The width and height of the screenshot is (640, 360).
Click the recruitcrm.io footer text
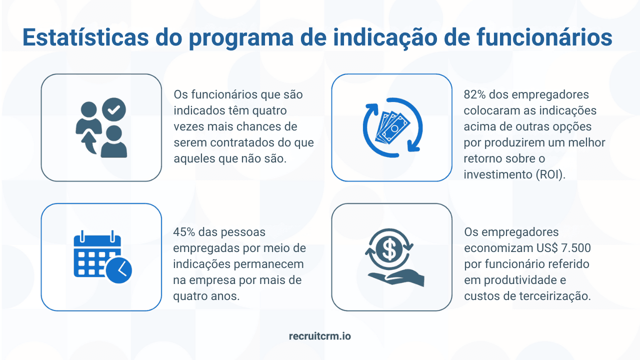[320, 336]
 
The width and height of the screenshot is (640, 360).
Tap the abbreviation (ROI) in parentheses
[549, 174]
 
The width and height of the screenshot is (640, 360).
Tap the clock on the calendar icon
[119, 270]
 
